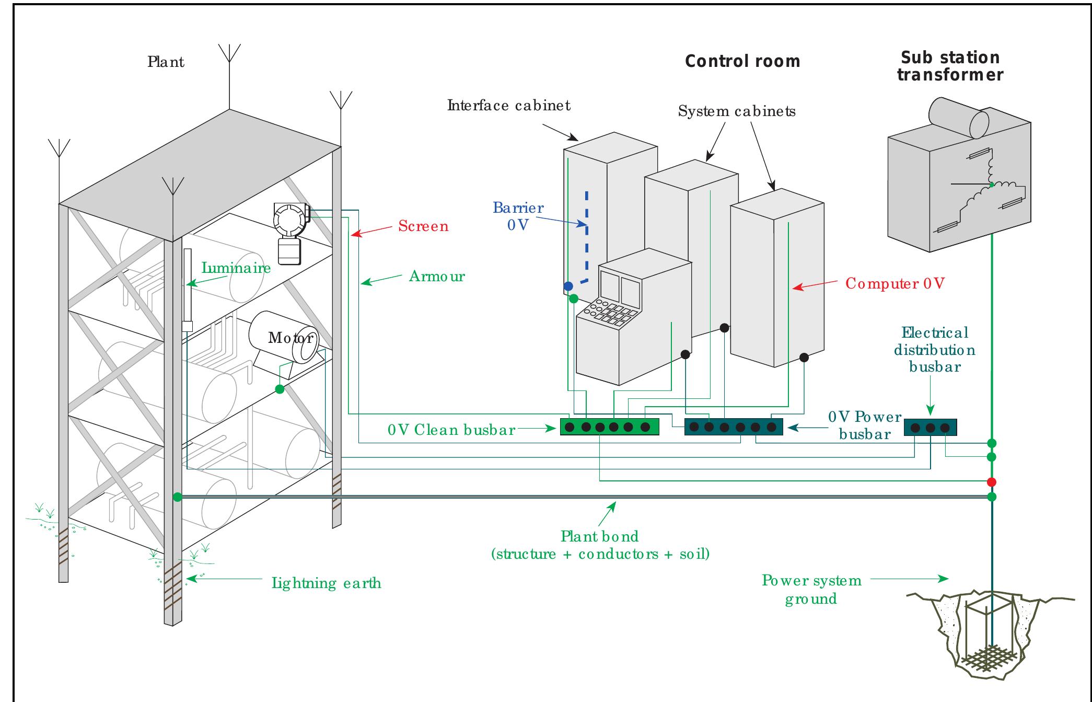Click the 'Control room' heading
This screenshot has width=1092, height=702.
click(742, 62)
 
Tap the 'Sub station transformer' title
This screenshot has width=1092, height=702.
click(950, 66)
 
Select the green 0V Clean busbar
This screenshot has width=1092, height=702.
click(609, 427)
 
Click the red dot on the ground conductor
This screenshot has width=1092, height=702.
click(991, 482)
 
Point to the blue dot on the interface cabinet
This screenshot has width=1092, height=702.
click(568, 286)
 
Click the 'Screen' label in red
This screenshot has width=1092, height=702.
click(423, 226)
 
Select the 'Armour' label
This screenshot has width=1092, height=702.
click(437, 277)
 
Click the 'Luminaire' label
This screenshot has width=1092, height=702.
click(236, 268)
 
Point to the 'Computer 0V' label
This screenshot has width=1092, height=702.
click(894, 284)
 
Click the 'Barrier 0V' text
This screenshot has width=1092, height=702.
click(518, 216)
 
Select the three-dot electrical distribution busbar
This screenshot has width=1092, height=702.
click(930, 428)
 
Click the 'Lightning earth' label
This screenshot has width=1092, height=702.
click(326, 583)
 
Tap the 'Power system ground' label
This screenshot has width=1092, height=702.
click(811, 590)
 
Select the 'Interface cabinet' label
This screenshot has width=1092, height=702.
click(508, 106)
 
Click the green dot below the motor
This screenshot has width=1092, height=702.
click(280, 389)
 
